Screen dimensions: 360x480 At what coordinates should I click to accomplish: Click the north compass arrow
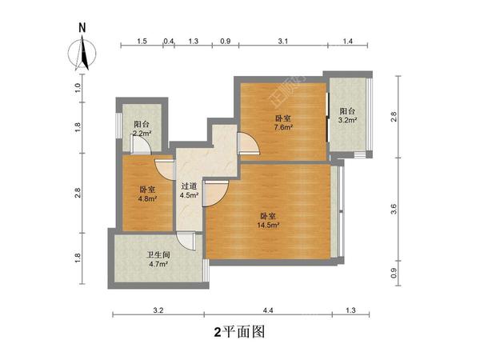click(x=82, y=50)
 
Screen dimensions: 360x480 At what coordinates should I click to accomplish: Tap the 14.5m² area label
click(x=268, y=225)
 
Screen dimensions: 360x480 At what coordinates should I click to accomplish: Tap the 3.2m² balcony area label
click(x=347, y=121)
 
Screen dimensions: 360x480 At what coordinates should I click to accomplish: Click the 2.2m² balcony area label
click(x=142, y=134)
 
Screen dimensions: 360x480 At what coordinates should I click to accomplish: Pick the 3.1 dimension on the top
click(x=282, y=41)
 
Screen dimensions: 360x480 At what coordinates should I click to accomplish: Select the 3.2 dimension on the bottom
click(x=158, y=310)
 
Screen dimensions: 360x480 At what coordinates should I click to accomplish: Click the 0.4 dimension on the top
click(x=168, y=41)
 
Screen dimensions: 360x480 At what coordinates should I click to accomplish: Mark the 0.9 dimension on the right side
click(x=393, y=272)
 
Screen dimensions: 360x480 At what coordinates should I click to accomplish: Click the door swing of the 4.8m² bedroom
click(x=165, y=167)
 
